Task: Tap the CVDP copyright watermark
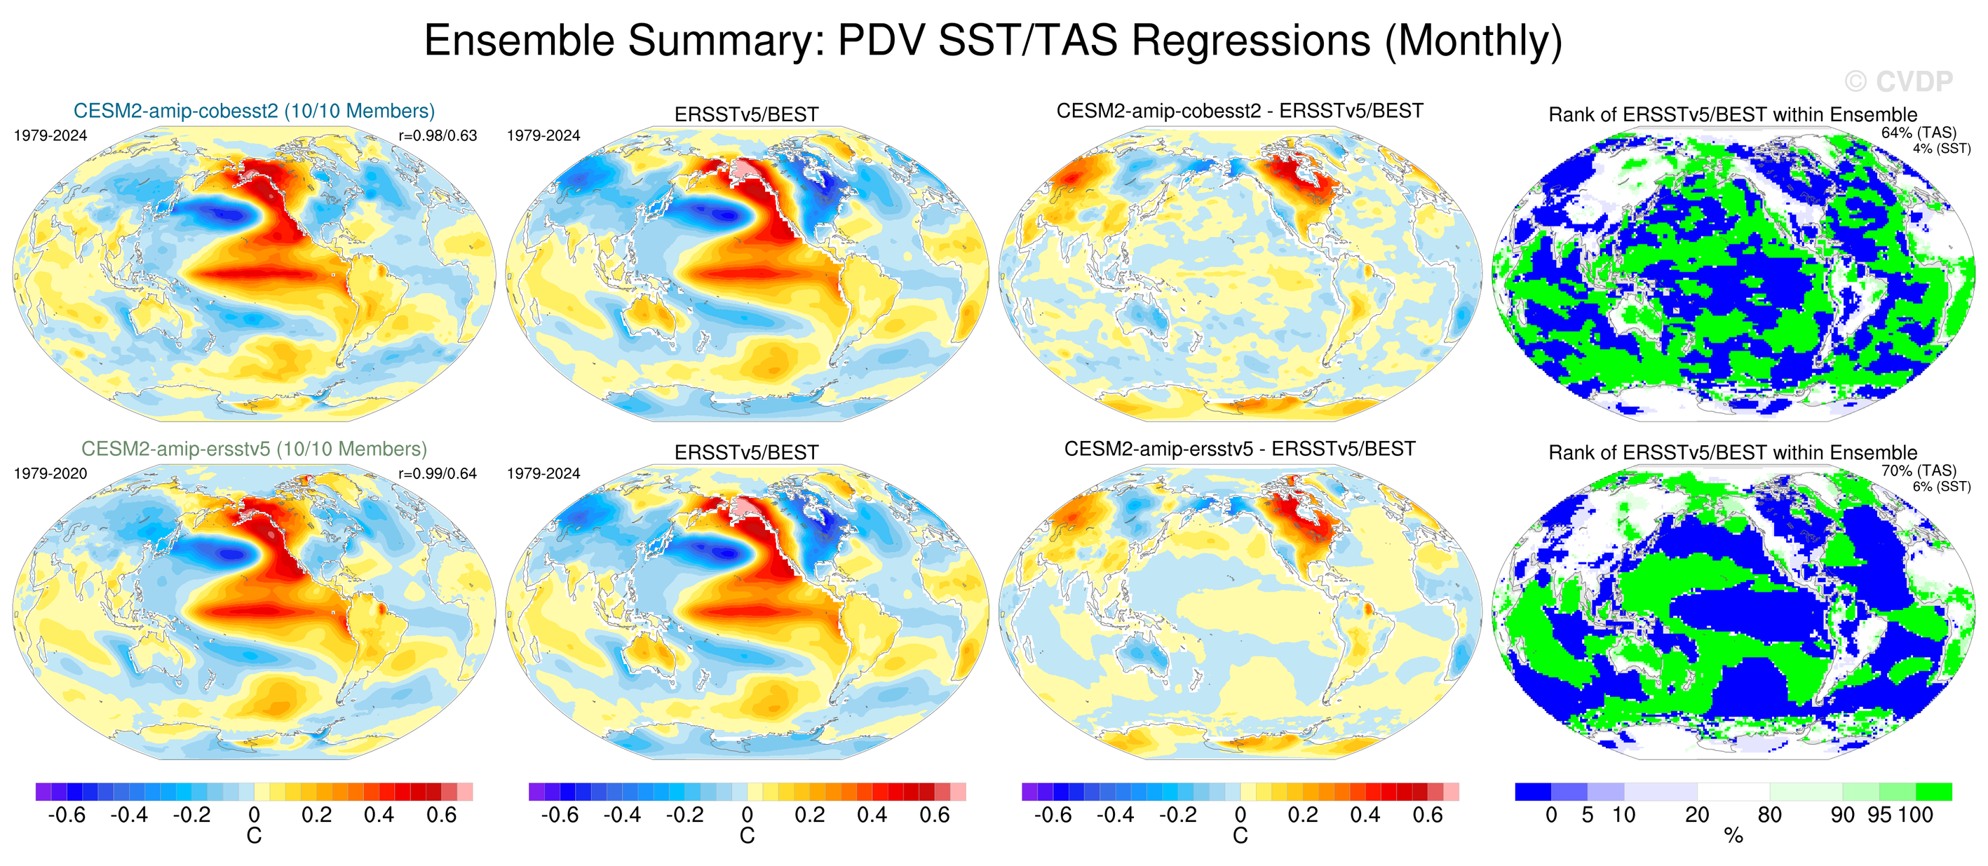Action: click(x=1898, y=81)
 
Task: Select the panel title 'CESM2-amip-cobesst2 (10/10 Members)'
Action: click(x=254, y=111)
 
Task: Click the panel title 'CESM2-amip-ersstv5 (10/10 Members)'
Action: click(x=254, y=449)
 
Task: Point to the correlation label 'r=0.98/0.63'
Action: click(x=438, y=136)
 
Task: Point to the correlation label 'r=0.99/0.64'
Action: click(x=438, y=474)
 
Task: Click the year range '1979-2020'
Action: click(x=50, y=474)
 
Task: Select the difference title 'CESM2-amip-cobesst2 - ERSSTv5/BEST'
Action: click(x=1239, y=111)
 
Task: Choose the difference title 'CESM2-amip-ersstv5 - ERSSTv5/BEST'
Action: click(x=1239, y=449)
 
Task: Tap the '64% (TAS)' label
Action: click(x=1919, y=133)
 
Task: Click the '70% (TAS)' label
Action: click(x=1919, y=471)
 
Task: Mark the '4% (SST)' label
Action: click(x=1941, y=148)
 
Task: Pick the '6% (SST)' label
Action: click(x=1941, y=486)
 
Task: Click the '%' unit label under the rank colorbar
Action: click(x=1733, y=836)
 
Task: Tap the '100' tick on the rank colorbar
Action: click(x=1916, y=815)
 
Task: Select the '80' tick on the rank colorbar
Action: click(x=1770, y=815)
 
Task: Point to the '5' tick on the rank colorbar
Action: click(x=1588, y=815)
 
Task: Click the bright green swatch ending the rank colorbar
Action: click(x=1934, y=792)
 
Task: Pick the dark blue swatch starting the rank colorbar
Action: click(x=1533, y=792)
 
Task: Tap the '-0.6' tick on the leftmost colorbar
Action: click(x=67, y=815)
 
